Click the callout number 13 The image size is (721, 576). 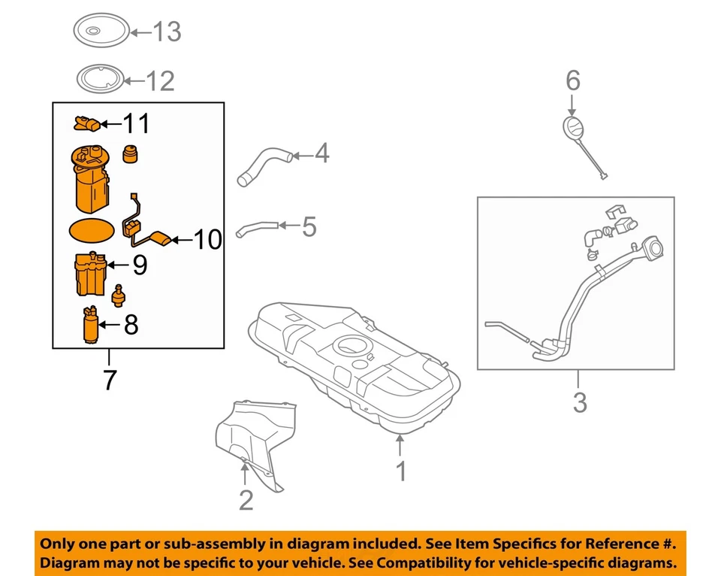click(167, 32)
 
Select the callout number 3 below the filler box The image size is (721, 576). click(579, 402)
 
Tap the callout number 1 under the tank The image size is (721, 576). click(402, 471)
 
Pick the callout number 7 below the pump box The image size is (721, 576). click(110, 380)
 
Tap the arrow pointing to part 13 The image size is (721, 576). click(140, 32)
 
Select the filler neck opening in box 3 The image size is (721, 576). click(650, 247)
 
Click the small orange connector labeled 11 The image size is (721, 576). click(87, 122)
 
